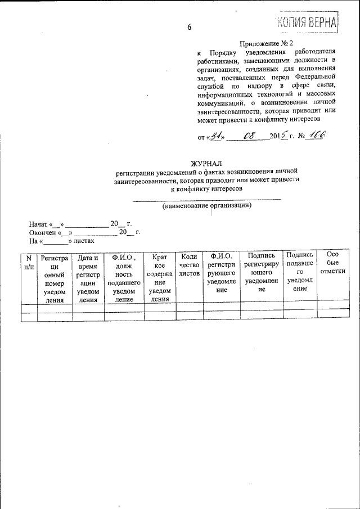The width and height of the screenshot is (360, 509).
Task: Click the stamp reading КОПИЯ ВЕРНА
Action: [x=307, y=21]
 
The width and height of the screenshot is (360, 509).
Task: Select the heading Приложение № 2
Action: [x=267, y=44]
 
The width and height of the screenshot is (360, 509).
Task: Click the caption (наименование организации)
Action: [x=206, y=206]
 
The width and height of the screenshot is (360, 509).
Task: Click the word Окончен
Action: [x=43, y=232]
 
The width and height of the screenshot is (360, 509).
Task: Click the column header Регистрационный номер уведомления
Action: [x=55, y=279]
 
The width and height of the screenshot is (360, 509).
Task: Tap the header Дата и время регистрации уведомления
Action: [x=88, y=278]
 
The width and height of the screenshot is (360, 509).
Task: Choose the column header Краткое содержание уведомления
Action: [x=160, y=278]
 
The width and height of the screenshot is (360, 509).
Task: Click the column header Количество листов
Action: [x=189, y=265]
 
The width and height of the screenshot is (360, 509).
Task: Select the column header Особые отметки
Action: [x=332, y=263]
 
